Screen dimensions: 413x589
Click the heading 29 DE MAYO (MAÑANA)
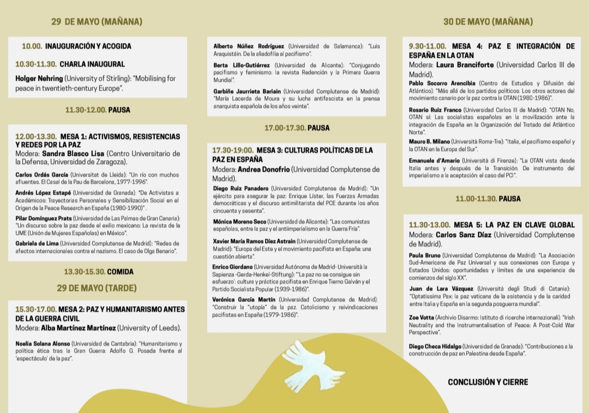97,22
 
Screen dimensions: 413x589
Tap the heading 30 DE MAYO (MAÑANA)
488,22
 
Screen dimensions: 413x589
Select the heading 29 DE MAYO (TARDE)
97,288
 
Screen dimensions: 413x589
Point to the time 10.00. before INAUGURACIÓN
32,46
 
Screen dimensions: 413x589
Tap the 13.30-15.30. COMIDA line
99,271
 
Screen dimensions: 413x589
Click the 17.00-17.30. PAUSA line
297,128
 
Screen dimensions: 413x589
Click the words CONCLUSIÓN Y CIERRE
488,382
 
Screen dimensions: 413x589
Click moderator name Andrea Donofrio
264,169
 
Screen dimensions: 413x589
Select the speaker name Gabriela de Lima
37,243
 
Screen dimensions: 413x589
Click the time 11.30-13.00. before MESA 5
429,224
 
